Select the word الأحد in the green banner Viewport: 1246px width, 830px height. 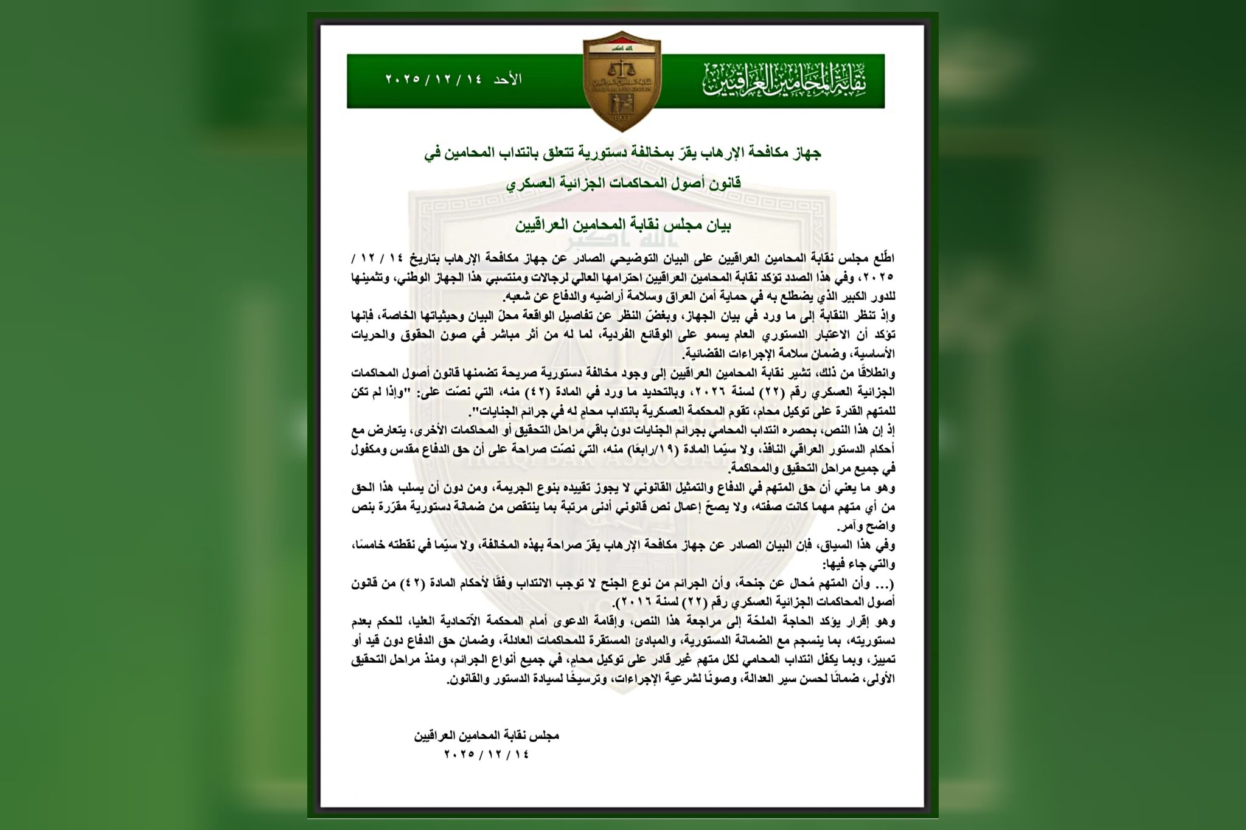click(508, 80)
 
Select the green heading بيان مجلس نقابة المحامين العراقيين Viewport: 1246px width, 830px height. click(623, 226)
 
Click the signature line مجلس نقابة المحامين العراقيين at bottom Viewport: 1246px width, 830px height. click(487, 736)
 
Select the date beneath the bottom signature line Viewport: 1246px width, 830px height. click(487, 754)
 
